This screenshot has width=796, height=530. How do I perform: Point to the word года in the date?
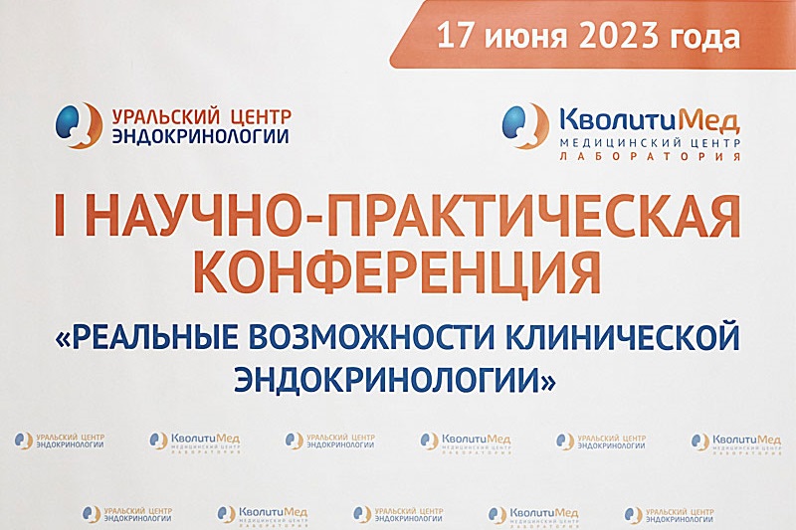click(x=708, y=38)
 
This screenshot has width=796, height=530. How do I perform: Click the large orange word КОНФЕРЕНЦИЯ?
click(x=397, y=269)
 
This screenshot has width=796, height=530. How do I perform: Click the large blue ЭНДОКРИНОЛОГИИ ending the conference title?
click(x=395, y=378)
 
